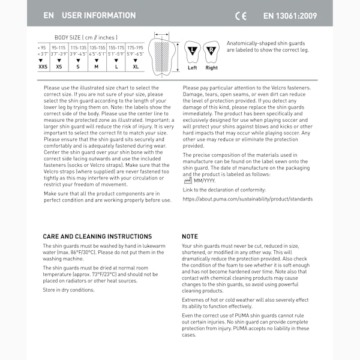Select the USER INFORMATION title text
[98, 16]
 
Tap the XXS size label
[43, 67]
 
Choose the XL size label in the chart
[135, 67]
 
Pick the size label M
[97, 67]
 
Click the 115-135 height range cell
[78, 47]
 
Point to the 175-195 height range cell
[135, 47]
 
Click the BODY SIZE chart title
[86, 37]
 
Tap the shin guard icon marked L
[192, 53]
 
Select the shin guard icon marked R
[211, 53]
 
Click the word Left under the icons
[192, 68]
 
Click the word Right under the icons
[211, 68]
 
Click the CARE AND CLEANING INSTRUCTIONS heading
[97, 236]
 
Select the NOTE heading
[190, 236]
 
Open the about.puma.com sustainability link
[247, 199]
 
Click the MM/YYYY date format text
[205, 180]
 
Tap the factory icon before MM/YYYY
[187, 180]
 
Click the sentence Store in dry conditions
[68, 290]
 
